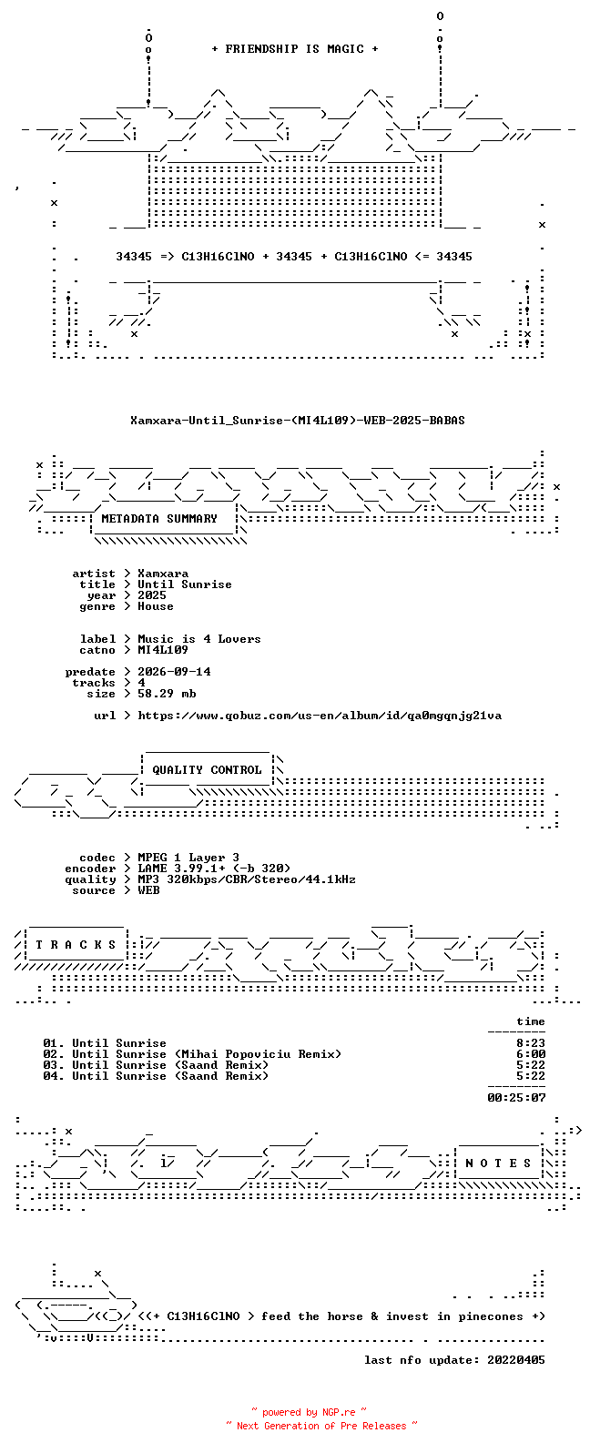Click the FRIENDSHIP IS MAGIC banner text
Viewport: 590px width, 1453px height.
point(295,49)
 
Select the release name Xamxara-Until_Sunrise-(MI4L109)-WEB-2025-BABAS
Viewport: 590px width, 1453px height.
point(297,421)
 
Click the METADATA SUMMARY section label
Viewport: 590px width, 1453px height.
point(159,519)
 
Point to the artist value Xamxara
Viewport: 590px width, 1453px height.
point(163,574)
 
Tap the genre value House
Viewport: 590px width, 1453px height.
point(156,606)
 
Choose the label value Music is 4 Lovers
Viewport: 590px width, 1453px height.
point(199,639)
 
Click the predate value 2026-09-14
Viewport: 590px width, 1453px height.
point(174,672)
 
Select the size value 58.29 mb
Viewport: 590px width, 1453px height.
point(167,694)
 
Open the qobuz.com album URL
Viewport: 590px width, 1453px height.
point(320,716)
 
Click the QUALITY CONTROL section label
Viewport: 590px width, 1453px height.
point(207,770)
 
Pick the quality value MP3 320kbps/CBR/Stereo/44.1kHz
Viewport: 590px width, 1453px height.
point(247,879)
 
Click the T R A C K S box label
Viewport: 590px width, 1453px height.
point(76,945)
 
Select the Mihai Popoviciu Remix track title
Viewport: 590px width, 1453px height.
point(207,1054)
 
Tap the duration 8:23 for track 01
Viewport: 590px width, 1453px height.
point(531,1043)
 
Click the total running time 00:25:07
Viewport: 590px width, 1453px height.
point(516,1098)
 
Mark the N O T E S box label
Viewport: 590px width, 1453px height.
point(498,1163)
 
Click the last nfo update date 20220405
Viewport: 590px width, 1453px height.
point(516,1360)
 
